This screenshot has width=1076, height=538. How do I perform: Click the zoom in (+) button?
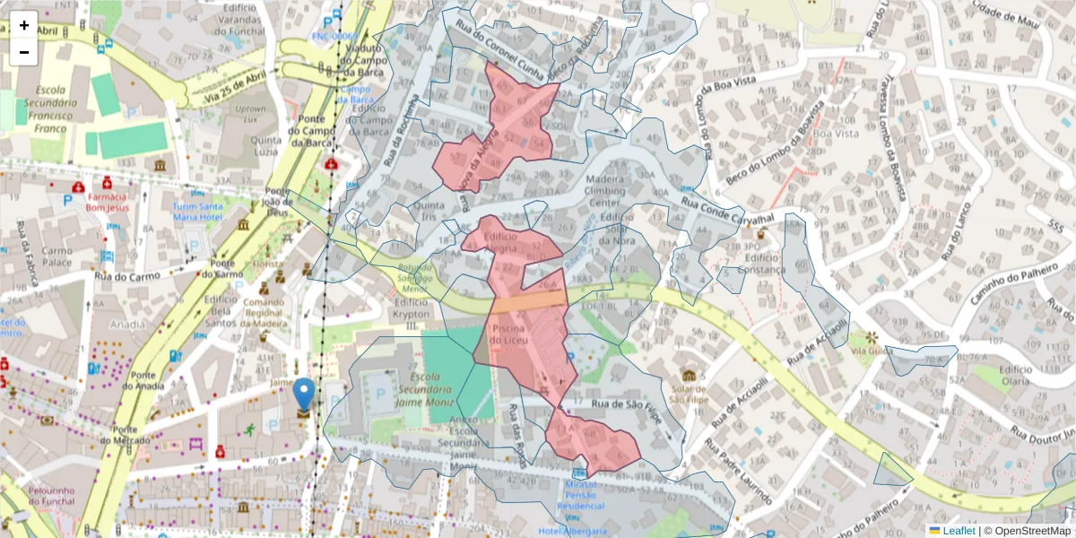pyautogui.click(x=24, y=25)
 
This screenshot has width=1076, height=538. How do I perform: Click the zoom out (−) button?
pyautogui.click(x=24, y=52)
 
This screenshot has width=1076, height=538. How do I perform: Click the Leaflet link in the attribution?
pyautogui.click(x=951, y=530)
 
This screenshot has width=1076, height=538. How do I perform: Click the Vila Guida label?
pyautogui.click(x=868, y=352)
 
